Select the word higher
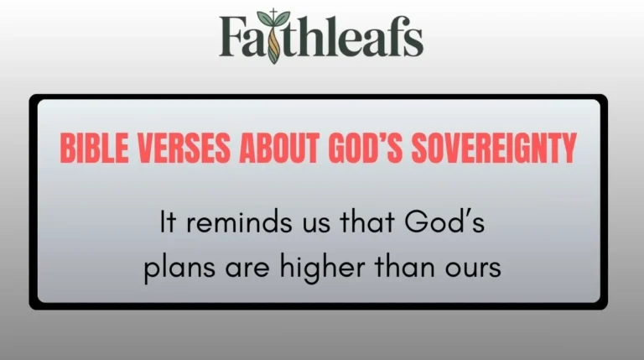click(310, 269)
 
